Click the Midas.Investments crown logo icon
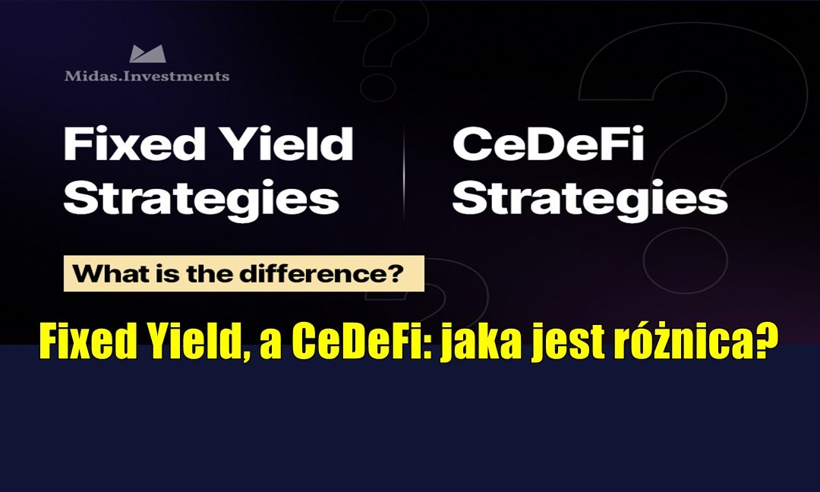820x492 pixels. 147,54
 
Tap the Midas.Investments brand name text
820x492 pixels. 147,76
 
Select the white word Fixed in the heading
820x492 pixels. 125,144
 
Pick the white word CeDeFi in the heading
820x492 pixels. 548,144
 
